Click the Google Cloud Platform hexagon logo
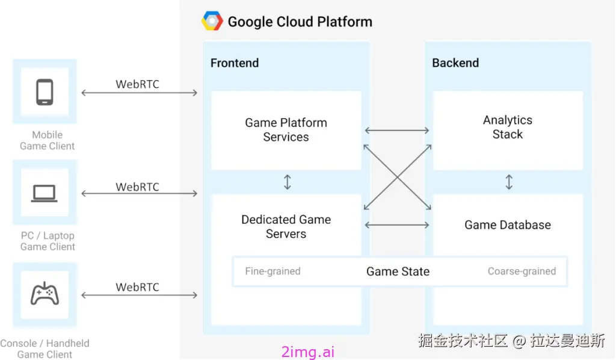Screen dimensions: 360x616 click(212, 22)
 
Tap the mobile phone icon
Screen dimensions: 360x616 click(45, 92)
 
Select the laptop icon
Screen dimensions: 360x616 click(45, 193)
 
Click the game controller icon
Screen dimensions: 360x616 click(45, 294)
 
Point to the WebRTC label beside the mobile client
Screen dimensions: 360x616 click(138, 84)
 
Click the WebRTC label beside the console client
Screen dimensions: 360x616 click(138, 287)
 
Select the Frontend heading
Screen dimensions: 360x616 click(235, 63)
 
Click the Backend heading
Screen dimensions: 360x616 click(455, 63)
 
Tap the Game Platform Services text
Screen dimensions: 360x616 click(286, 130)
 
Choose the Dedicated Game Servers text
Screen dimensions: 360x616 click(286, 227)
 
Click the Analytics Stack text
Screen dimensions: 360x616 click(508, 127)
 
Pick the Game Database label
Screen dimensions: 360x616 click(508, 225)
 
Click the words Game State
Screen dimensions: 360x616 click(398, 272)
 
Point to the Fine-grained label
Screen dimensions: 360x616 click(273, 272)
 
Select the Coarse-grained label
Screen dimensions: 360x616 click(522, 272)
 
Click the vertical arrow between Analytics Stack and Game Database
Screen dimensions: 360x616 click(509, 182)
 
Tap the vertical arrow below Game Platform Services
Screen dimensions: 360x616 click(288, 182)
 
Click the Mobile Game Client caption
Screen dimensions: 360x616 click(47, 140)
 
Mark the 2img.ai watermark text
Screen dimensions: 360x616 click(308, 352)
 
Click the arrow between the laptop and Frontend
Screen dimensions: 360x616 click(140, 194)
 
